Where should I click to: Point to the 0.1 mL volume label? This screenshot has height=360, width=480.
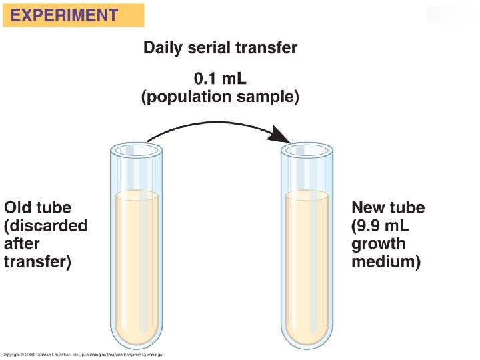pyautogui.click(x=221, y=79)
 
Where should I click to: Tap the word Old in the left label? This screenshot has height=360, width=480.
pyautogui.click(x=19, y=207)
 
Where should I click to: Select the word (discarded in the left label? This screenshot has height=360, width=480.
pyautogui.click(x=45, y=225)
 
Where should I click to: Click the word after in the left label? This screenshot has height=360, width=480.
pyautogui.click(x=22, y=243)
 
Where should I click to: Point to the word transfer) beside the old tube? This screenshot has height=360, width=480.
pyautogui.click(x=37, y=261)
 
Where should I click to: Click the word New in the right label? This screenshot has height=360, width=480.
pyautogui.click(x=369, y=207)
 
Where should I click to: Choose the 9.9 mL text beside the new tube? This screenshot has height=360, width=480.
pyautogui.click(x=383, y=225)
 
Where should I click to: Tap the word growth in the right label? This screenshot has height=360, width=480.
pyautogui.click(x=378, y=243)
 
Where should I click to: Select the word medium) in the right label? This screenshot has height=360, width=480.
pyautogui.click(x=386, y=262)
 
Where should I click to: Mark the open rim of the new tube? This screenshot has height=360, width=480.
pyautogui.click(x=307, y=150)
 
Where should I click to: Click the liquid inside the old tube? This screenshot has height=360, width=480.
pyautogui.click(x=137, y=267)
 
